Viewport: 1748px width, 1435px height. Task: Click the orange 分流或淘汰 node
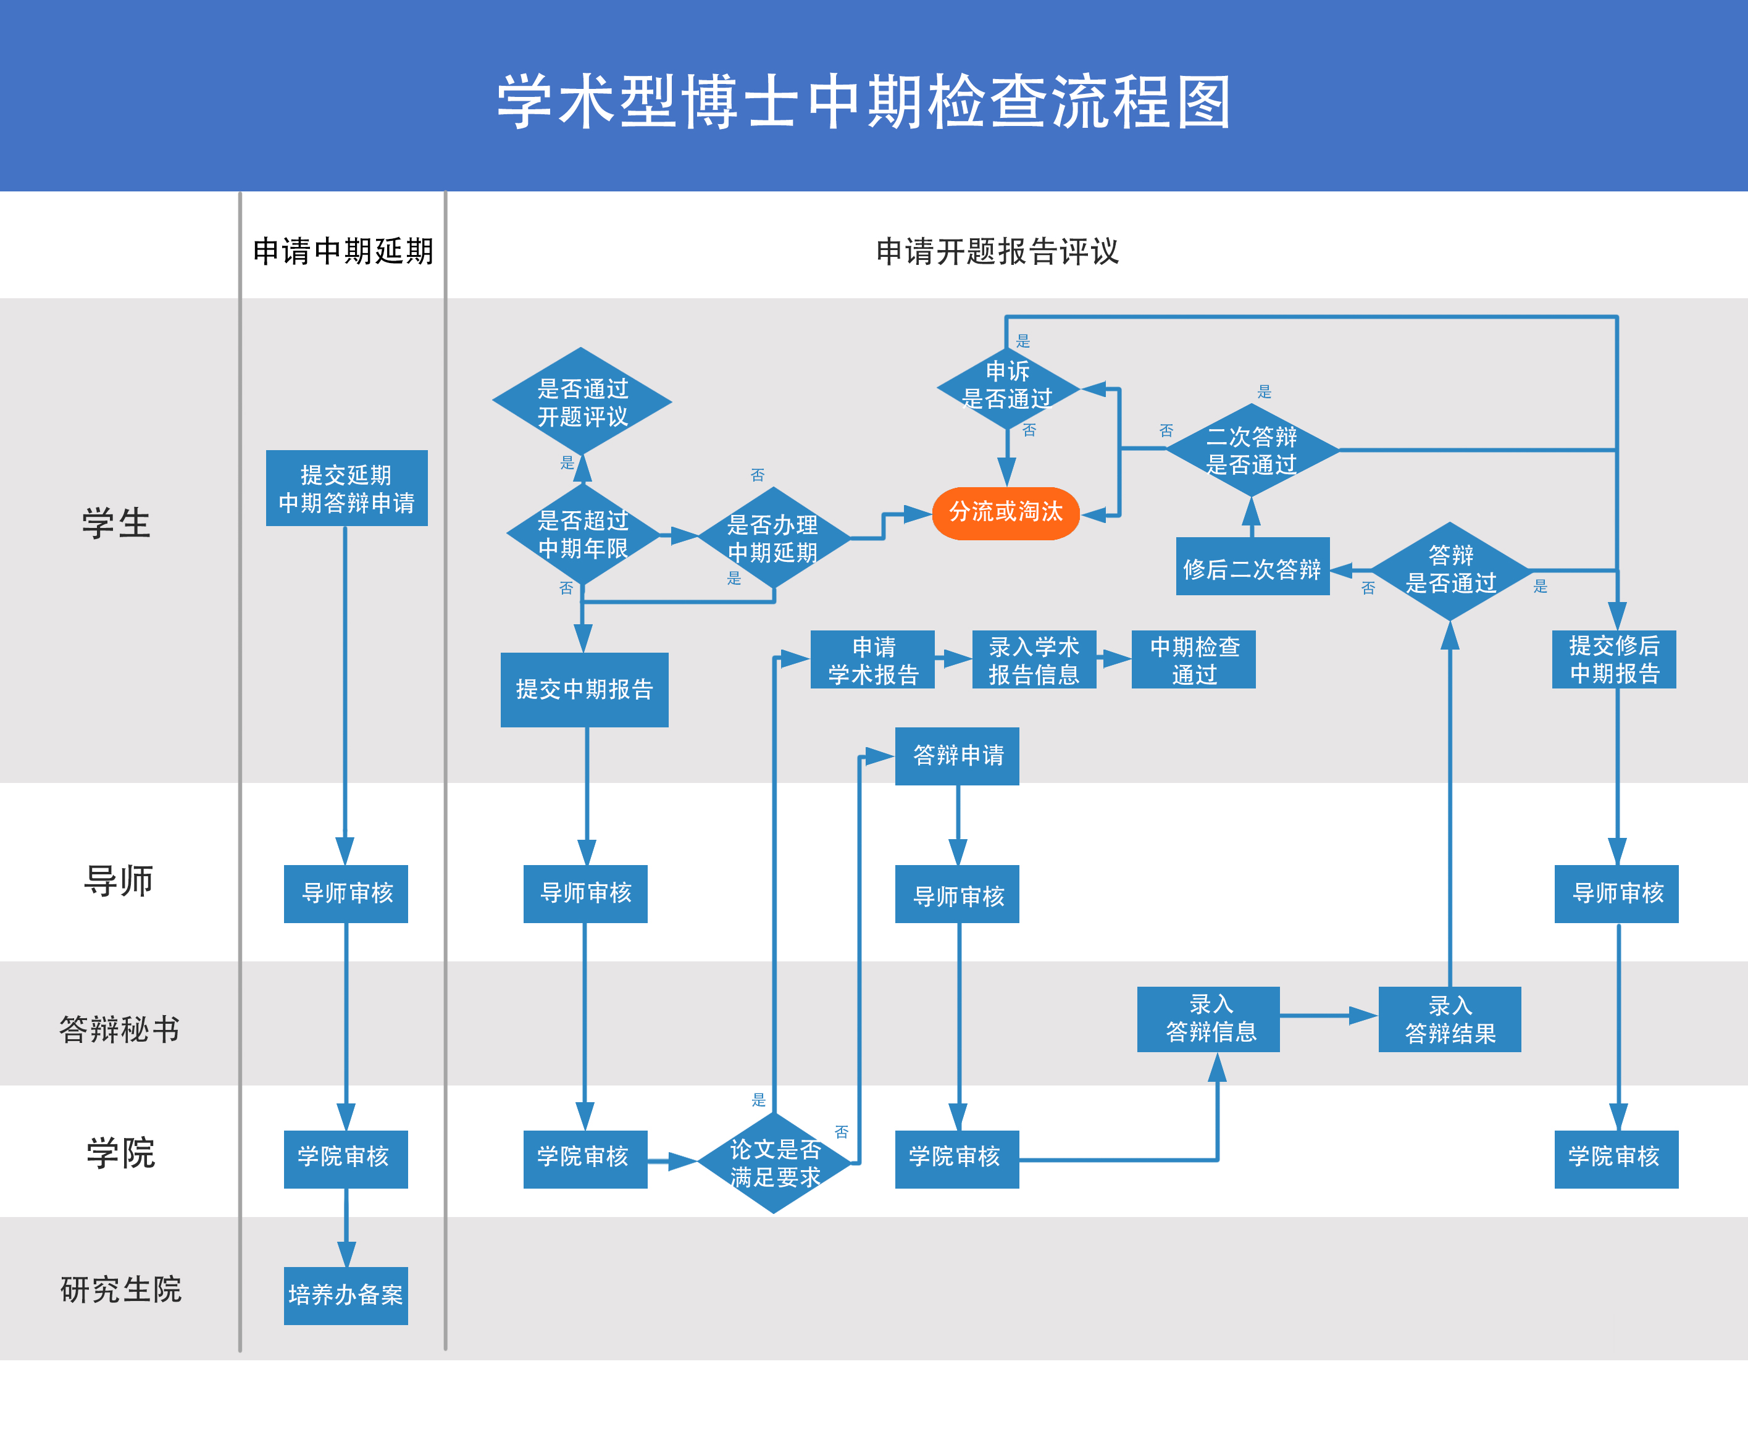pos(1005,512)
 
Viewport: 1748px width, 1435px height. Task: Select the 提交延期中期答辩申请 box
pos(346,488)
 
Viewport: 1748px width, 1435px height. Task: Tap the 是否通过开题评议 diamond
pos(582,402)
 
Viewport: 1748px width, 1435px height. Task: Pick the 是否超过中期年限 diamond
pos(583,534)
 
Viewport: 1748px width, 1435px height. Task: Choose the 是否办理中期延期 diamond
pos(773,538)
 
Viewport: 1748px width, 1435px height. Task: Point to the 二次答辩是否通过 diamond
pos(1252,450)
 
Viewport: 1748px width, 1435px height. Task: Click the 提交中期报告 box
pos(584,689)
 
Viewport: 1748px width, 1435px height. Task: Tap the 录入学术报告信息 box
pos(1034,659)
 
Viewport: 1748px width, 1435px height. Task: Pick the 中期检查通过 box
pos(1194,659)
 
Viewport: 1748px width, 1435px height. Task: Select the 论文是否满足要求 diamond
pos(774,1162)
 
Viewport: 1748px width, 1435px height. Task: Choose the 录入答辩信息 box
pos(1208,1018)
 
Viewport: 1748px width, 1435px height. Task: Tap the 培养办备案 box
pos(346,1294)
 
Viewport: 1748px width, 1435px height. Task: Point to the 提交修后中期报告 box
pos(1613,659)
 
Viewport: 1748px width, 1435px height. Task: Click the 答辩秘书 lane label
pos(120,1029)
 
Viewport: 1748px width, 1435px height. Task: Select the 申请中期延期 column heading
pos(343,251)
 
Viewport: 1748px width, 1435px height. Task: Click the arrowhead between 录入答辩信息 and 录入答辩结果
pos(1364,1016)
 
